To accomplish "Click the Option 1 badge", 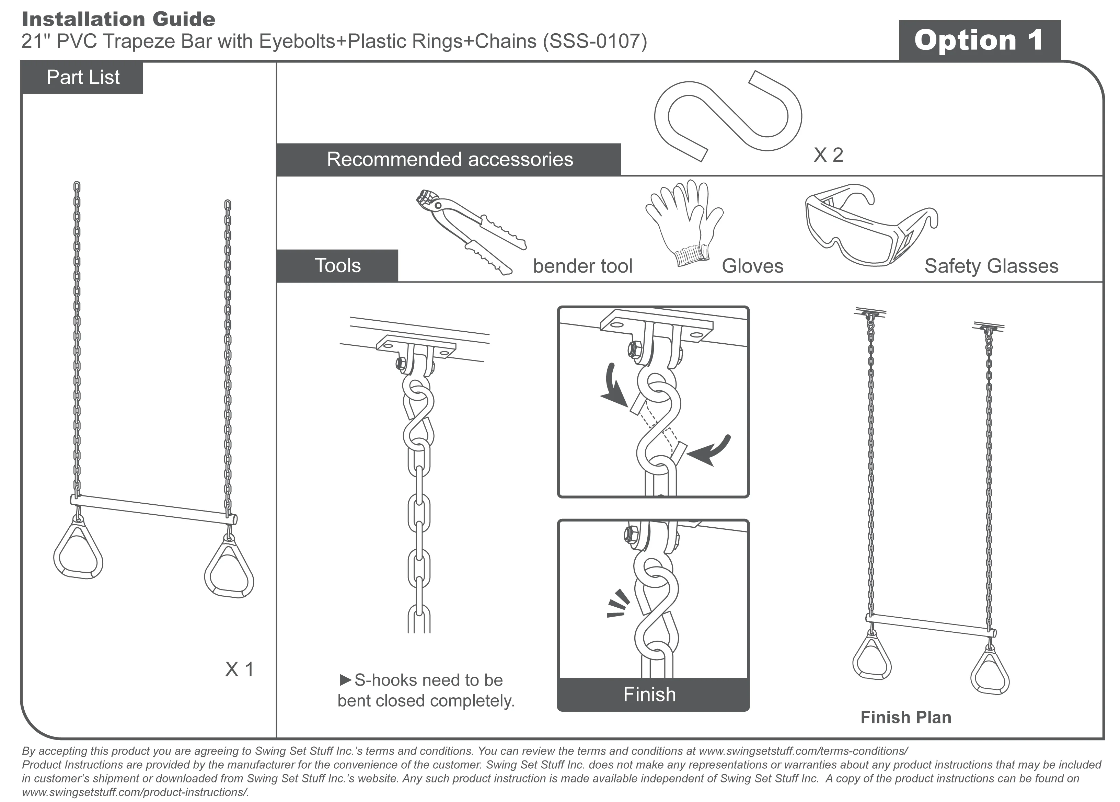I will point(979,41).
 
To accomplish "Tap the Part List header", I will point(82,78).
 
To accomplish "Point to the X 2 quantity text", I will point(828,155).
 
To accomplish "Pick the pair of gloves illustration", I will point(684,222).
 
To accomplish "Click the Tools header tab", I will point(338,266).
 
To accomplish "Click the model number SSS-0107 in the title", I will point(595,41).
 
